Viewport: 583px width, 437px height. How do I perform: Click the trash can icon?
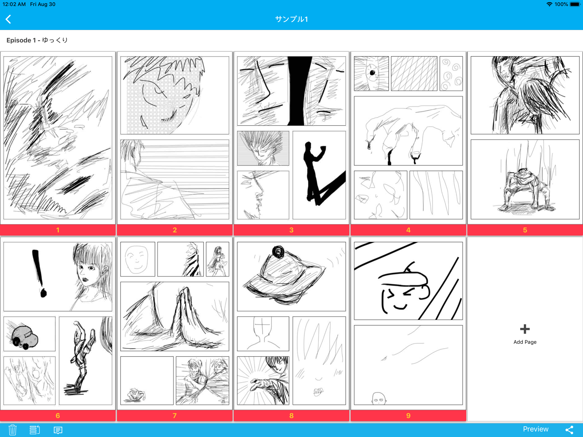[12, 430]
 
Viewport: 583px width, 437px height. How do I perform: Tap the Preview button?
[536, 429]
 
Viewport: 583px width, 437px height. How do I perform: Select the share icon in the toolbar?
[569, 430]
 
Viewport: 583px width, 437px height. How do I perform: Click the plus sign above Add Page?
[525, 329]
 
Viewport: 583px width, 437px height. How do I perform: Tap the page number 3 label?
[291, 230]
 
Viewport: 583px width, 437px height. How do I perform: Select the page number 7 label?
[175, 416]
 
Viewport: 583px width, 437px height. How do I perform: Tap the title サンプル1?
[291, 19]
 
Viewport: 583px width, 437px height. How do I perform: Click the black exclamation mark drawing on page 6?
[39, 273]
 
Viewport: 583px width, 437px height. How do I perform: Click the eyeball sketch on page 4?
[372, 73]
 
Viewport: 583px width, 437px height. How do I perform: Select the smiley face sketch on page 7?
[137, 259]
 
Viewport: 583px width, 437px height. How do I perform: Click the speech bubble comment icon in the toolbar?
[58, 430]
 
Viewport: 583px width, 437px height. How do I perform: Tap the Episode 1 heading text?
[37, 40]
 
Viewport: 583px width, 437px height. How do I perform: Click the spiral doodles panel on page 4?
[451, 74]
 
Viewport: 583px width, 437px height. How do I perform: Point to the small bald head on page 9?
[379, 399]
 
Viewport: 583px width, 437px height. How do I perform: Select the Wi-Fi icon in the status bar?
[549, 4]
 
